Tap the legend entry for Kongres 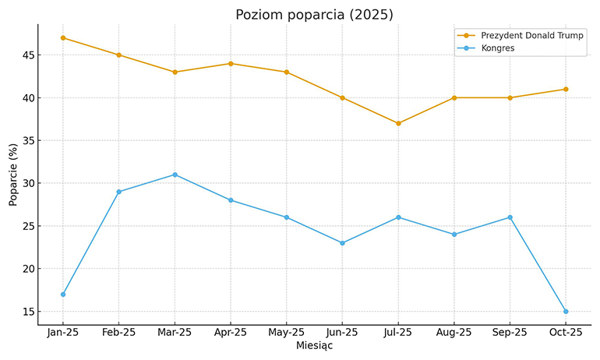point(498,48)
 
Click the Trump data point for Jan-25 point(63,37)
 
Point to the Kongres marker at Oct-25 point(566,311)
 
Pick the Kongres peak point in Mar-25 point(175,175)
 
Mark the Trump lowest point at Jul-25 point(398,123)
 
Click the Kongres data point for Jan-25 point(63,294)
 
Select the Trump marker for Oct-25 point(566,89)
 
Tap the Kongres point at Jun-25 point(342,243)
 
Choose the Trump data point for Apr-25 point(231,63)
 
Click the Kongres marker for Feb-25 point(118,192)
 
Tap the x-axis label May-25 point(286,332)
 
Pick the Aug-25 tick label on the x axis point(454,332)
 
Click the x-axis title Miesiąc point(314,346)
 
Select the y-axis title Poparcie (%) point(13,175)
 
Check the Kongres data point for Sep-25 point(510,217)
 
